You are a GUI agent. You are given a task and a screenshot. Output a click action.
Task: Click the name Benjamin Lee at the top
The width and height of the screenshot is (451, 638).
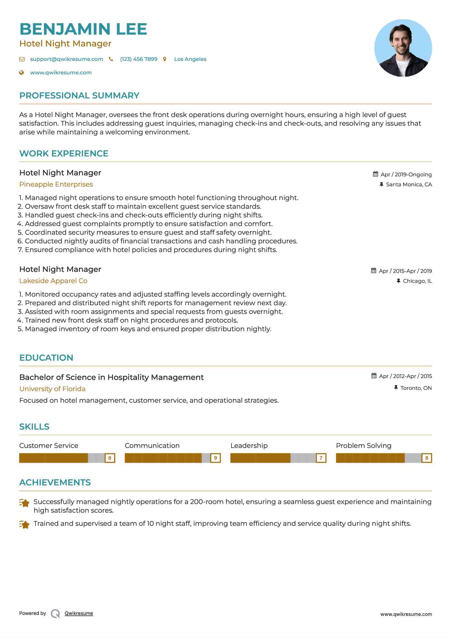tap(83, 29)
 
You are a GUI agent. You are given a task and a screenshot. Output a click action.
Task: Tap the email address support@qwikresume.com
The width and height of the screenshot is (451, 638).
tap(66, 59)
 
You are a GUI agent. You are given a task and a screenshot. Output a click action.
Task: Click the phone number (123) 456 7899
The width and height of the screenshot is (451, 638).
tap(138, 59)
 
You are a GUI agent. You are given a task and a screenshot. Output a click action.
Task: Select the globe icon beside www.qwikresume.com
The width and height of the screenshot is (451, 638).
tap(21, 72)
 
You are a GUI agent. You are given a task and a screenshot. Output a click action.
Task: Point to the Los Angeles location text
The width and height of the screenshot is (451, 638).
tap(190, 59)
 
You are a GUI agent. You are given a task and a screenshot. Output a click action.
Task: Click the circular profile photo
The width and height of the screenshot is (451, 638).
tap(403, 48)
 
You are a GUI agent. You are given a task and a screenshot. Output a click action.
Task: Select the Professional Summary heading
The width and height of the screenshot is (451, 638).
tap(79, 96)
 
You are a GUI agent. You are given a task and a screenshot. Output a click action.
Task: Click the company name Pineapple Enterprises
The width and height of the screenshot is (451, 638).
tap(56, 184)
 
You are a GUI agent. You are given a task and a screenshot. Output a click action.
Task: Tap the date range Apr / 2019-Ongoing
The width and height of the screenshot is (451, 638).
tap(406, 174)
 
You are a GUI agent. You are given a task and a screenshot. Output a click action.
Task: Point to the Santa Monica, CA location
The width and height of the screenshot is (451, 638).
tap(409, 184)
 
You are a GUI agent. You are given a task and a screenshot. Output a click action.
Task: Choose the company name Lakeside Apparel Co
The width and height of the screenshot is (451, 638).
tap(53, 281)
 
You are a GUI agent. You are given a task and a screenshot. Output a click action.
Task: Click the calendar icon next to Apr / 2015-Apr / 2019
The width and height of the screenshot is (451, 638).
tap(373, 271)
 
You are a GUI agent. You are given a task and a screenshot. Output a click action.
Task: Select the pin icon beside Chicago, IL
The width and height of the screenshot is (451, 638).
tap(398, 281)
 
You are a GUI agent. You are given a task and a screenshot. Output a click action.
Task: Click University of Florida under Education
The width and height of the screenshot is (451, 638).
tap(52, 389)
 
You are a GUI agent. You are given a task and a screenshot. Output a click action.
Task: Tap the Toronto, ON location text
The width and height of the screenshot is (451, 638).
tap(416, 388)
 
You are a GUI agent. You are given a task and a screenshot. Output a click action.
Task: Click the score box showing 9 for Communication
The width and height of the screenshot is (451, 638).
tap(215, 458)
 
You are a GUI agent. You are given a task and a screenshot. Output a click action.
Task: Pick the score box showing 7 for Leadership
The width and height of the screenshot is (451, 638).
tap(321, 458)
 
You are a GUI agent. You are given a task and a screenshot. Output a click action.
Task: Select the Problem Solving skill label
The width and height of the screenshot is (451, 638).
tap(363, 446)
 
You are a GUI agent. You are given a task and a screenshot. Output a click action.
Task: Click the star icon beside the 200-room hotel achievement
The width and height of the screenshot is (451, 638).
tap(24, 503)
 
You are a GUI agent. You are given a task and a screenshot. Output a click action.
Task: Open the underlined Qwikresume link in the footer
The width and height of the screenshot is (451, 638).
tap(79, 613)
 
